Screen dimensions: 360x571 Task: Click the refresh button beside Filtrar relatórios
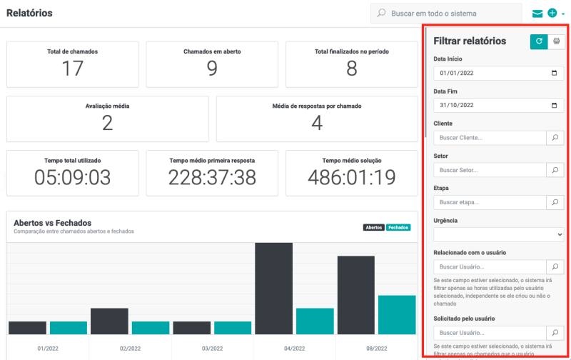pos(538,41)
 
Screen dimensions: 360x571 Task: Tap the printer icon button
pos(556,41)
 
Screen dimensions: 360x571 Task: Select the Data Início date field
pos(492,73)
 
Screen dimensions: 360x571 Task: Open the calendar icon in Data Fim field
pos(555,105)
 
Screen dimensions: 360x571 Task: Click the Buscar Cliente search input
pos(490,138)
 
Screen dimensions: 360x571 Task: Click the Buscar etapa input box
pos(490,203)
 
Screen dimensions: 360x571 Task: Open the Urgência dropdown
pos(499,234)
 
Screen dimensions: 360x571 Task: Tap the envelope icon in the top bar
pos(537,14)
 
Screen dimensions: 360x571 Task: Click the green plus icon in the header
pos(552,14)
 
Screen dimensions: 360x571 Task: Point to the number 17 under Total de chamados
pos(72,68)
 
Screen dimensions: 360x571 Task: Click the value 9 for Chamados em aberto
pos(212,68)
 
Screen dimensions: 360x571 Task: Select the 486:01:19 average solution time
pos(351,176)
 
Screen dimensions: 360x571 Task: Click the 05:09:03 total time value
pos(72,176)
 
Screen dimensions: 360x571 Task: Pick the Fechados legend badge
pos(399,227)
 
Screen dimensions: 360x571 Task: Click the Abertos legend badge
pos(373,227)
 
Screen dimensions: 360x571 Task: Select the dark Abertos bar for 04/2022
pos(274,288)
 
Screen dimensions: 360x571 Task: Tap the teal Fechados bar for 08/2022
pos(396,314)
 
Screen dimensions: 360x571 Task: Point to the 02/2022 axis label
pos(130,348)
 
